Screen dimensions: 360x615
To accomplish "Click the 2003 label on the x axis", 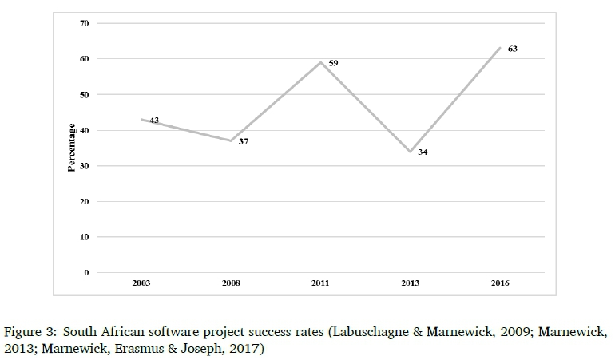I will click(142, 283).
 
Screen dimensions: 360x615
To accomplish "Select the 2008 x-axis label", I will click(232, 283).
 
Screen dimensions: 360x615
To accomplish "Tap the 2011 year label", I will click(321, 283).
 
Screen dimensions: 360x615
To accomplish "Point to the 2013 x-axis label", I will click(411, 283).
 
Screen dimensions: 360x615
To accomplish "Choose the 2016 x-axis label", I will click(500, 283).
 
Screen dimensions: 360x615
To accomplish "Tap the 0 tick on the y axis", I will click(86, 273).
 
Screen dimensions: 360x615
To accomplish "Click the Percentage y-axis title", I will click(72, 148).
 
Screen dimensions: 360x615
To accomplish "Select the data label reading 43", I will click(154, 121).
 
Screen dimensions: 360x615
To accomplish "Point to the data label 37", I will click(244, 141).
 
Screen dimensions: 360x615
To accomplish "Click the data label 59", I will click(334, 62).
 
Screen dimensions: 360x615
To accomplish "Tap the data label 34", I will click(423, 152).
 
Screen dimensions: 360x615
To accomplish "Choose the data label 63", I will click(513, 49).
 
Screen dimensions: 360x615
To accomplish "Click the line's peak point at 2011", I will click(321, 62).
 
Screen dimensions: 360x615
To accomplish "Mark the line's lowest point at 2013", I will click(411, 152).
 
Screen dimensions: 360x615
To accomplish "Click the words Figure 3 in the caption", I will click(30, 330).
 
